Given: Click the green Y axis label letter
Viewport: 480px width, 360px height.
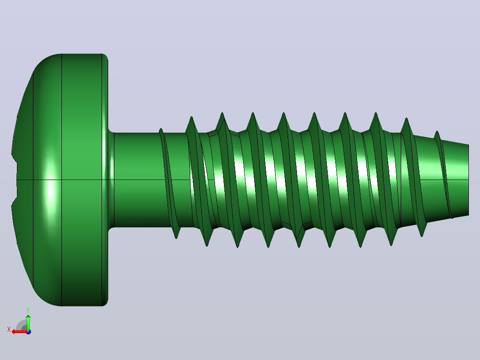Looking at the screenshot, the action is coord(28,310).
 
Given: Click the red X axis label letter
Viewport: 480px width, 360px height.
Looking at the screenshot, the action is coord(9,330).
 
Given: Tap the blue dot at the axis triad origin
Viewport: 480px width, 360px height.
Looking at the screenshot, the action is coord(28,332).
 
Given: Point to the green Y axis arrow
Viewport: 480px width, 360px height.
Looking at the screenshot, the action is coord(28,322).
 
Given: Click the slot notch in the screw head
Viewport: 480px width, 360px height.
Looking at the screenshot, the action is coord(14,180).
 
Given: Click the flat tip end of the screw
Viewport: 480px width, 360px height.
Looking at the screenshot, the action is coord(468,180).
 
